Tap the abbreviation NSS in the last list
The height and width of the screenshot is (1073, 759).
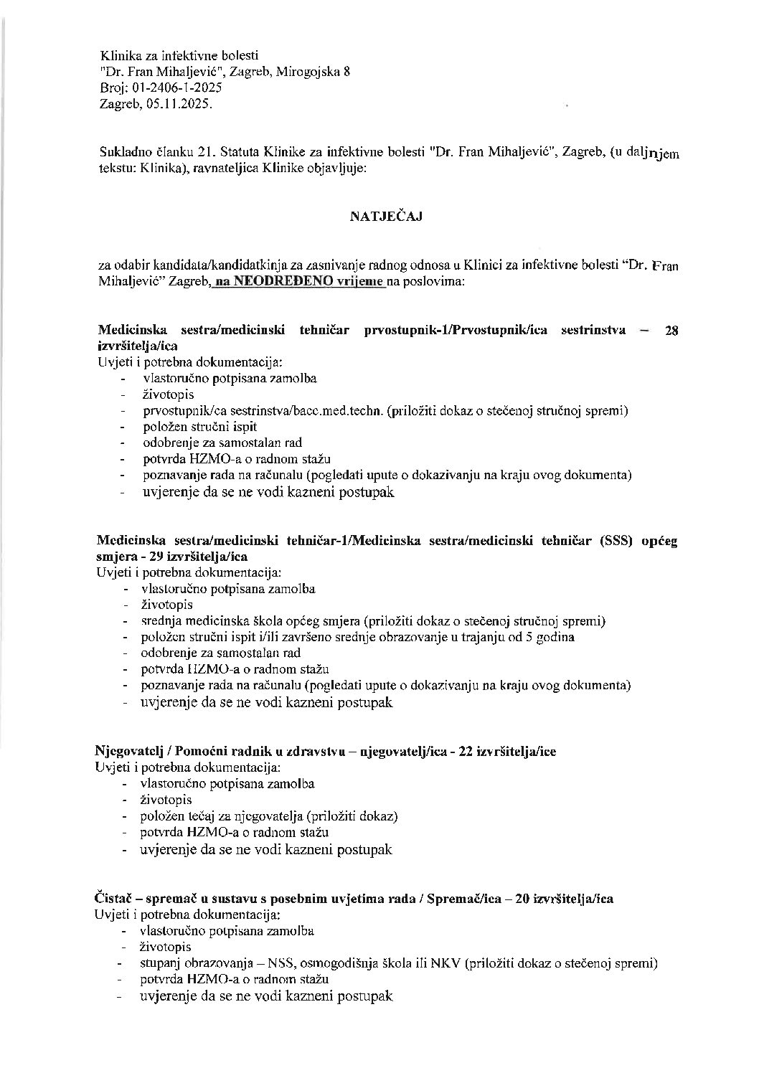coord(285,963)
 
